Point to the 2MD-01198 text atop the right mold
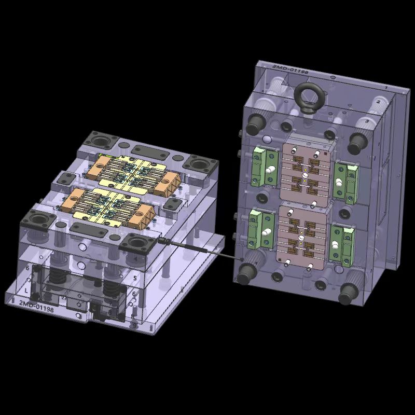pyautogui.click(x=290, y=69)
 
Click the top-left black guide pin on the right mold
pyautogui.click(x=255, y=123)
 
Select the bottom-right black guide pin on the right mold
pyautogui.click(x=347, y=293)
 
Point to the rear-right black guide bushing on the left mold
pyautogui.click(x=200, y=165)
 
